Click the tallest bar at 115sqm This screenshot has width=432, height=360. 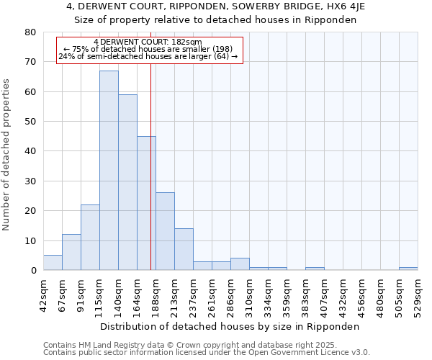[x=109, y=171]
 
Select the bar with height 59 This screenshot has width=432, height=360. [x=127, y=182]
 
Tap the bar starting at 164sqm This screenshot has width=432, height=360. [x=146, y=203]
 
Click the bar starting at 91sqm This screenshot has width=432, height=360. [x=90, y=238]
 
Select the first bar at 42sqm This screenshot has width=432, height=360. [x=53, y=263]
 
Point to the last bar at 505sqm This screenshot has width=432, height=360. [x=408, y=269]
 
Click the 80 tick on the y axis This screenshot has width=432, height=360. [x=30, y=32]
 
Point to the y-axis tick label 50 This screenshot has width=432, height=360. [x=30, y=122]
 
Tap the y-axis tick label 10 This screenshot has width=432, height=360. [x=30, y=240]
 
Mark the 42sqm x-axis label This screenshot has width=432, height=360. [x=43, y=294]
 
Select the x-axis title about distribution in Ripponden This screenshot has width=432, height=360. [x=230, y=326]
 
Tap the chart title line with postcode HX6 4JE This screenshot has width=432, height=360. [x=216, y=7]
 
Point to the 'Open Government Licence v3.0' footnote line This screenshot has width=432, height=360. [x=207, y=352]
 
